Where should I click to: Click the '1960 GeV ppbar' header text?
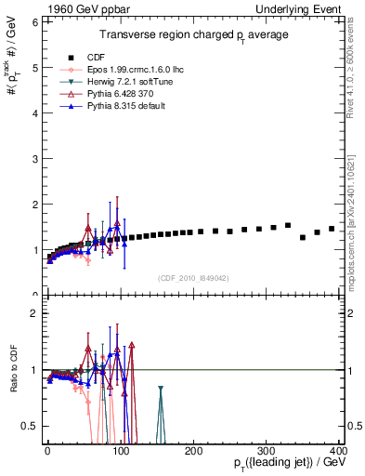coord(77,7)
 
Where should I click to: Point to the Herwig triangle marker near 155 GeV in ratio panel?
coord(161,390)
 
